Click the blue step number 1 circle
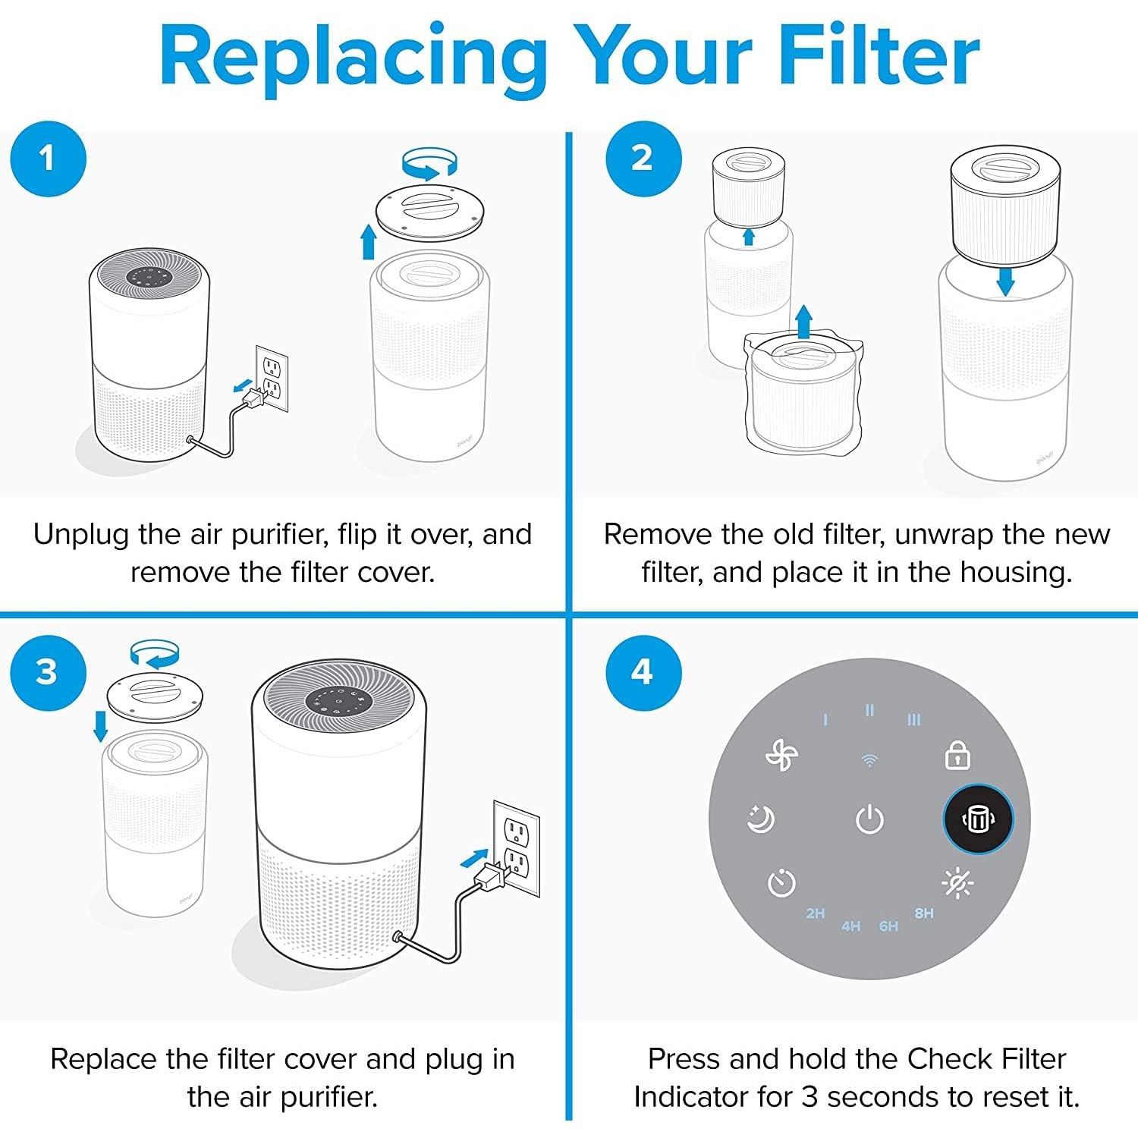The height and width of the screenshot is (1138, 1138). [x=48, y=159]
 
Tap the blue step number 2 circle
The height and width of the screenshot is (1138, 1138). [x=643, y=159]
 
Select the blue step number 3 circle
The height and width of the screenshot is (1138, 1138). [x=48, y=672]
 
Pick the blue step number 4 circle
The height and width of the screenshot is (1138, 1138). [x=643, y=672]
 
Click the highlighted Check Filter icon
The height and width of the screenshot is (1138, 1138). [x=978, y=819]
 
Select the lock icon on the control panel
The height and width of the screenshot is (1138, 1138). [x=957, y=756]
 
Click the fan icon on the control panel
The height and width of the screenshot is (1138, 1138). [x=781, y=756]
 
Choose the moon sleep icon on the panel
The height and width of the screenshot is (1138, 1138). [x=761, y=819]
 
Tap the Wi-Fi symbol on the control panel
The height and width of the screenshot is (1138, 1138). [x=869, y=759]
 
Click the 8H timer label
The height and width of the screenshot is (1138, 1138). [x=924, y=913]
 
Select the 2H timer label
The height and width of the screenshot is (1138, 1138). [x=816, y=913]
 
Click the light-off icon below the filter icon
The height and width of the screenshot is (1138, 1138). [x=957, y=883]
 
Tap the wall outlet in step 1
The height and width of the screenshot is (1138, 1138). [x=272, y=379]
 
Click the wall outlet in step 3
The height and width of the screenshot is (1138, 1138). [x=517, y=847]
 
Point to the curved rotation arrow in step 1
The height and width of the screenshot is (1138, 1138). [x=429, y=162]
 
